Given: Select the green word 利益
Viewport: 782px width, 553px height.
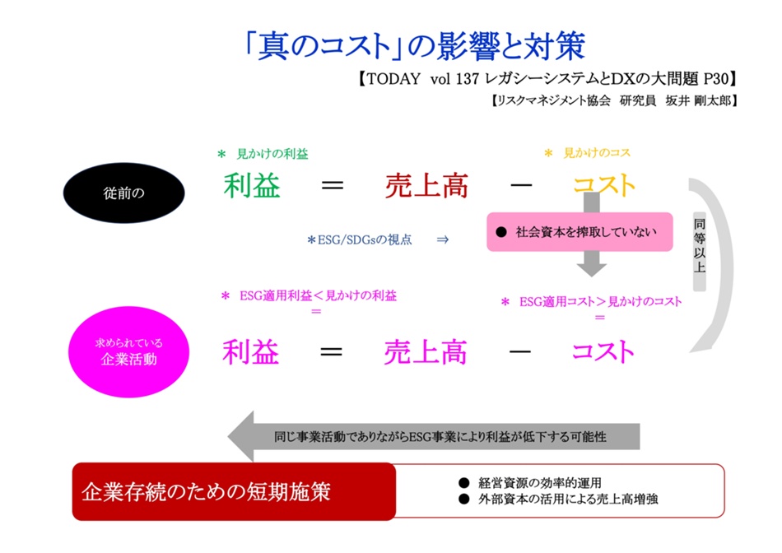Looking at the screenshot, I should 252,186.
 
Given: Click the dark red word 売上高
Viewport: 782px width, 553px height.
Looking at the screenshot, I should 426,186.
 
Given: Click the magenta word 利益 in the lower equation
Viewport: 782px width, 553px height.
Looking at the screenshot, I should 251,352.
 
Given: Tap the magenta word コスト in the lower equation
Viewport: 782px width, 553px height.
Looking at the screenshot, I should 603,352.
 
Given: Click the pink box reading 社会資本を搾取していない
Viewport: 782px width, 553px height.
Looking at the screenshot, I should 579,231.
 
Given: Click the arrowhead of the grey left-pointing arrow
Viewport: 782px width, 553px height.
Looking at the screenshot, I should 244,436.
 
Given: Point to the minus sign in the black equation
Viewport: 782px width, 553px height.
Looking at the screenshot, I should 520,186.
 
